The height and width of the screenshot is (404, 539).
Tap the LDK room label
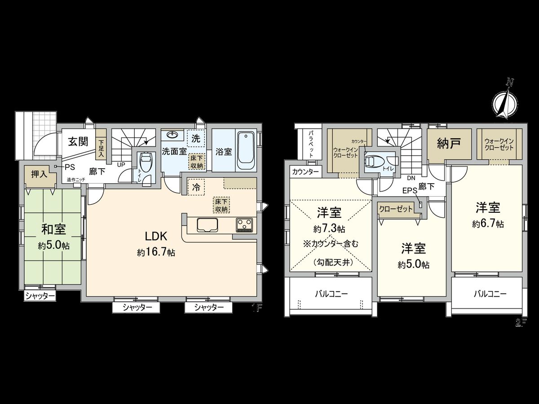point(156,237)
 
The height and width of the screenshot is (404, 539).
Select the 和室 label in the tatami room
point(53,230)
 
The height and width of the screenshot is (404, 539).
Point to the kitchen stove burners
point(245,225)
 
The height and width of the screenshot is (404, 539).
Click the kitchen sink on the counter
point(207,224)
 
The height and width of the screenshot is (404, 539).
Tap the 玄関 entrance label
point(78,142)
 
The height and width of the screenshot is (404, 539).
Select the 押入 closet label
point(39,174)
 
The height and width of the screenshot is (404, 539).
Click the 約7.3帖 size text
point(329,229)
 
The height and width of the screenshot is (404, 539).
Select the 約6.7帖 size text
point(487,224)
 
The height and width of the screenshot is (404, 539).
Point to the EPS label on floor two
point(409,190)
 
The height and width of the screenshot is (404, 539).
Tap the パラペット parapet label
point(310,143)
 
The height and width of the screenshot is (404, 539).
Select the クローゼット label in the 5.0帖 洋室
point(396,209)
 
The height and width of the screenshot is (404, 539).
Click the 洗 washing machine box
point(196,138)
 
